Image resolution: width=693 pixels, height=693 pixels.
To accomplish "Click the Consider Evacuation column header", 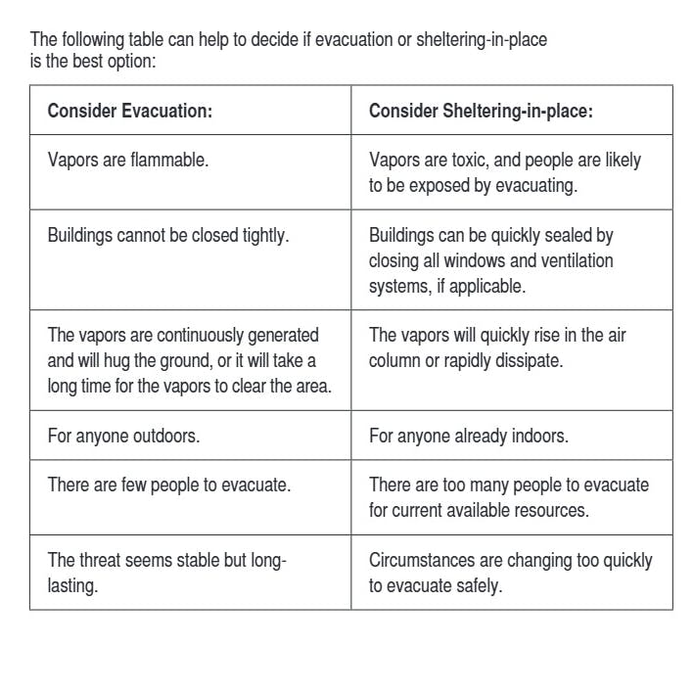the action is tap(129, 111).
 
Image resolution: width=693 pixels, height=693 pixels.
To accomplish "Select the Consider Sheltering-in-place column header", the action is tap(481, 111).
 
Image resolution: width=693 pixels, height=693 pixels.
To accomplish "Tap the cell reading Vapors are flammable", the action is tap(127, 160).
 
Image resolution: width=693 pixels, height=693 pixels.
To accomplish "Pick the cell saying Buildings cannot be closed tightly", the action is tap(167, 236).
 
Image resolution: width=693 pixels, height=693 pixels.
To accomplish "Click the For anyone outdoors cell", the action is tap(123, 436).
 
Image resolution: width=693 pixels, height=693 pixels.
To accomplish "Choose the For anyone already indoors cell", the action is tap(468, 436).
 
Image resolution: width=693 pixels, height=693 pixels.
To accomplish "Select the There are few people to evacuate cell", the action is tap(168, 485).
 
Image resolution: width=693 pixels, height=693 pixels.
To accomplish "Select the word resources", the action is tap(554, 510).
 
